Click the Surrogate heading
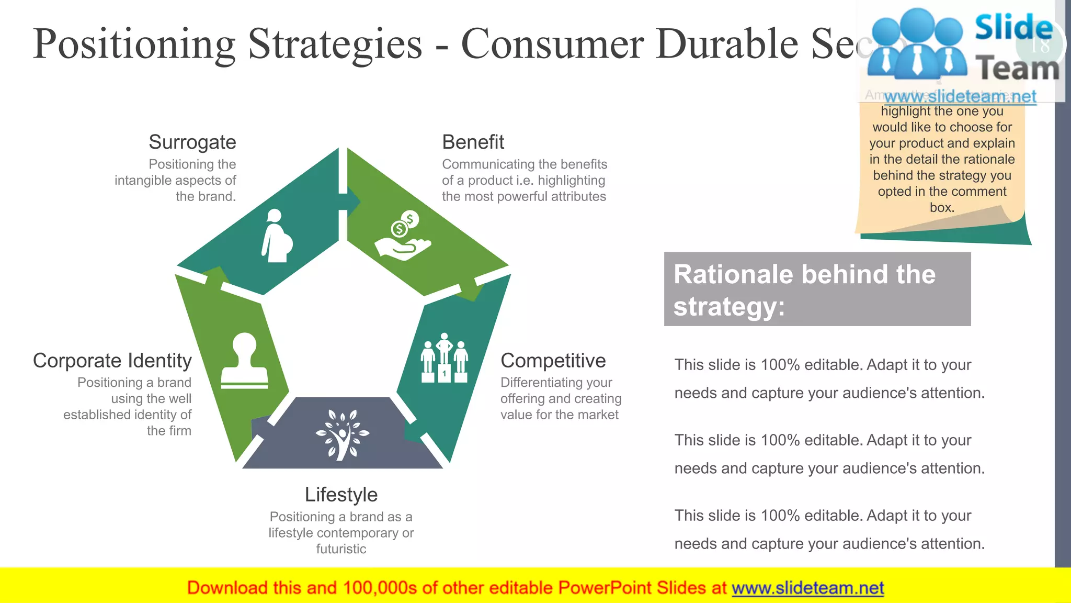coord(192,142)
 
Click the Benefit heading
coord(473,142)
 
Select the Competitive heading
coord(553,361)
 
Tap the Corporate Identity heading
coord(112,361)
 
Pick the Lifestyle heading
coord(341,495)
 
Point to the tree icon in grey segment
coord(342,434)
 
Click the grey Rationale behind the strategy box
coord(817,289)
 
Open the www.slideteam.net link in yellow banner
coord(807,588)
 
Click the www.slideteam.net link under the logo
coord(960,96)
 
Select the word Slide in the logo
coord(1013,27)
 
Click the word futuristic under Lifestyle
coord(341,549)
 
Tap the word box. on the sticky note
coord(942,208)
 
